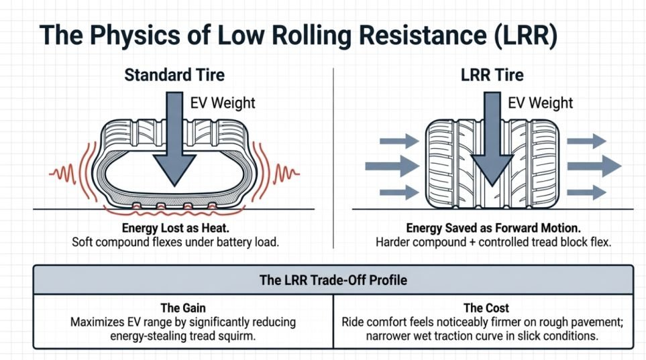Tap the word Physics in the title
click(136, 35)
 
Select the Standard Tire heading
click(174, 75)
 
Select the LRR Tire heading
click(492, 75)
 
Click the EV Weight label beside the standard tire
click(223, 103)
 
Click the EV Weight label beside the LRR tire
click(540, 103)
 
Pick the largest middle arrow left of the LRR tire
click(392, 166)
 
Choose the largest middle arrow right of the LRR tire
click(594, 166)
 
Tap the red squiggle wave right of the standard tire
click(286, 173)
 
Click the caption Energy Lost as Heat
click(176, 228)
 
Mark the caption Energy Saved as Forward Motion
click(493, 228)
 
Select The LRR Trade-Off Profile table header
click(333, 280)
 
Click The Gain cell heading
click(183, 308)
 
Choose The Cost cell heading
click(486, 308)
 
